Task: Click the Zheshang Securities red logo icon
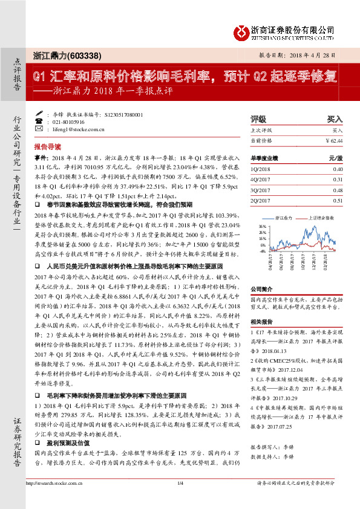coord(241,30)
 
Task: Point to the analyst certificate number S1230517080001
coord(123,114)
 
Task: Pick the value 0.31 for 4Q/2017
coord(338,180)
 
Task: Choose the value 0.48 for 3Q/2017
coord(338,190)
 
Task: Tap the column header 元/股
coord(336,158)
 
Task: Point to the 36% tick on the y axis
coord(261,225)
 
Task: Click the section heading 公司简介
coord(262,290)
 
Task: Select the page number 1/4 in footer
coord(180,499)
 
